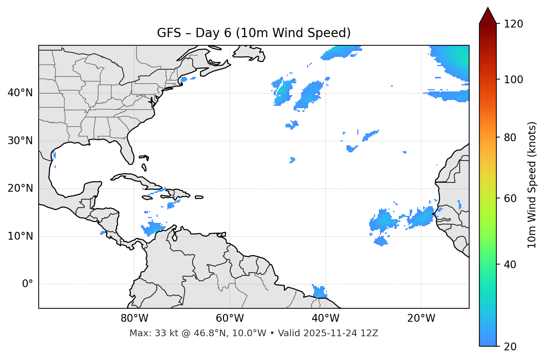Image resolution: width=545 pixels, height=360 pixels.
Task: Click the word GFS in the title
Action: tap(169, 33)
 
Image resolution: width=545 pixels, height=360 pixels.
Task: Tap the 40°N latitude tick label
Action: tap(20, 93)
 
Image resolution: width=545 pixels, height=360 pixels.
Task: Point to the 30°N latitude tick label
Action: tap(20, 141)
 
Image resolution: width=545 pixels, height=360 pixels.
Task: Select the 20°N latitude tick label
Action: tap(20, 188)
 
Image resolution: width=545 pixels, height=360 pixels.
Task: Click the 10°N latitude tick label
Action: tap(20, 236)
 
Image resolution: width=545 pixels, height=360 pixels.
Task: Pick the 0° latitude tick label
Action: tap(28, 284)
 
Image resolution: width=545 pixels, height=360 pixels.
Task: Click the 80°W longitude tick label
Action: tap(134, 318)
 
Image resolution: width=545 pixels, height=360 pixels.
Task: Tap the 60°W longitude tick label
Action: tap(230, 318)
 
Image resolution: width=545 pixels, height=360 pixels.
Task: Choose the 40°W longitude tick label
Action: tap(325, 318)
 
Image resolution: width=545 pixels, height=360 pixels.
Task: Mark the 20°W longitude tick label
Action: tap(421, 318)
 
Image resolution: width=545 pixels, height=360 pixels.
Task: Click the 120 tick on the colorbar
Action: tap(514, 24)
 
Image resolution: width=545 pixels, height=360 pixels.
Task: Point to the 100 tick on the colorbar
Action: tap(514, 80)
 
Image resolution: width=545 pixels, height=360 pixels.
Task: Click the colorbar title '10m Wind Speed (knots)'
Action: tap(532, 185)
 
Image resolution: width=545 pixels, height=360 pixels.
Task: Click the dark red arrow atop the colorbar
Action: tap(488, 16)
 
